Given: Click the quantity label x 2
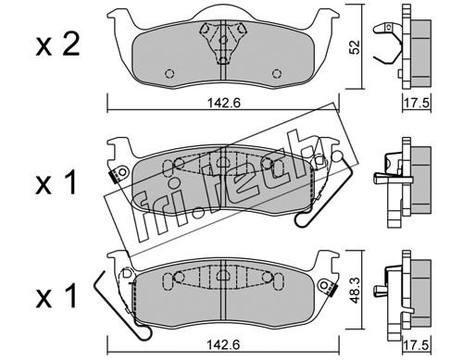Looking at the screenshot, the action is (57, 46).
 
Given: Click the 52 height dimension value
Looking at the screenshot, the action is (355, 47).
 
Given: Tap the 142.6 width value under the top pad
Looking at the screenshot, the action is (223, 103).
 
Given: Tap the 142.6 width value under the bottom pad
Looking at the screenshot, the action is (223, 345).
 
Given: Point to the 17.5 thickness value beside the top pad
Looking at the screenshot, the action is (417, 103).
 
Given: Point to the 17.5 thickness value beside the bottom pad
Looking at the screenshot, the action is (417, 345).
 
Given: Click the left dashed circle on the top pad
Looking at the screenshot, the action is (170, 73).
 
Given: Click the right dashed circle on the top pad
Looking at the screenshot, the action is (277, 73).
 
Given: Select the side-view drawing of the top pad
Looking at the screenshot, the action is (403, 47).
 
